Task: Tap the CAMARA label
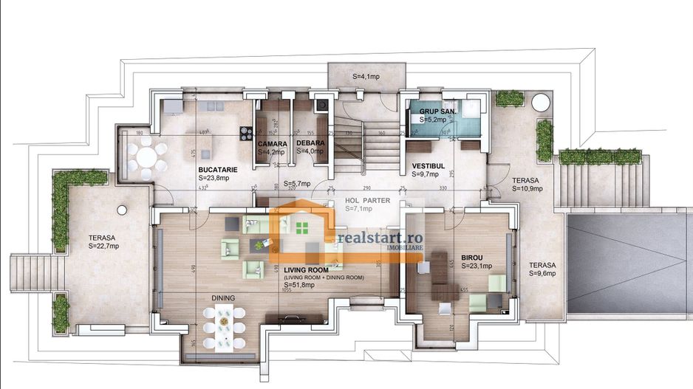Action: click(x=272, y=143)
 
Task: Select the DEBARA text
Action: click(x=308, y=143)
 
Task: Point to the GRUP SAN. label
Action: click(x=438, y=111)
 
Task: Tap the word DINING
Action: click(x=223, y=298)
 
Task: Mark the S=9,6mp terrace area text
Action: click(x=542, y=273)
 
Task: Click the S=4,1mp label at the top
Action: click(x=366, y=76)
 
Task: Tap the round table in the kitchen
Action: click(x=146, y=157)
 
